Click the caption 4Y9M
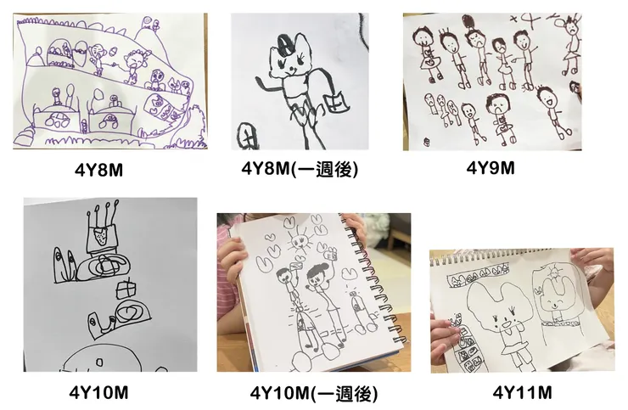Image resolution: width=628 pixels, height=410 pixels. click(491, 168)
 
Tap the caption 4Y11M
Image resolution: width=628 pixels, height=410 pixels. click(522, 393)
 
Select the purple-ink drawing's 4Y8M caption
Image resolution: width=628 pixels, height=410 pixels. click(98, 171)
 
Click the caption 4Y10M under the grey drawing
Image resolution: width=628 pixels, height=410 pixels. click(98, 393)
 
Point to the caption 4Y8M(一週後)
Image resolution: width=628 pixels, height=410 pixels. click(300, 169)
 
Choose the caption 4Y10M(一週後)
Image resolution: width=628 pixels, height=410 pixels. click(314, 393)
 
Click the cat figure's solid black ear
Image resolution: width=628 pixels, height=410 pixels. click(284, 42)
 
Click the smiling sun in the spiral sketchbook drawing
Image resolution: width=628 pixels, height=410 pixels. click(300, 241)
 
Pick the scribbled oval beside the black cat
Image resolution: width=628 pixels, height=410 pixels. click(248, 136)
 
